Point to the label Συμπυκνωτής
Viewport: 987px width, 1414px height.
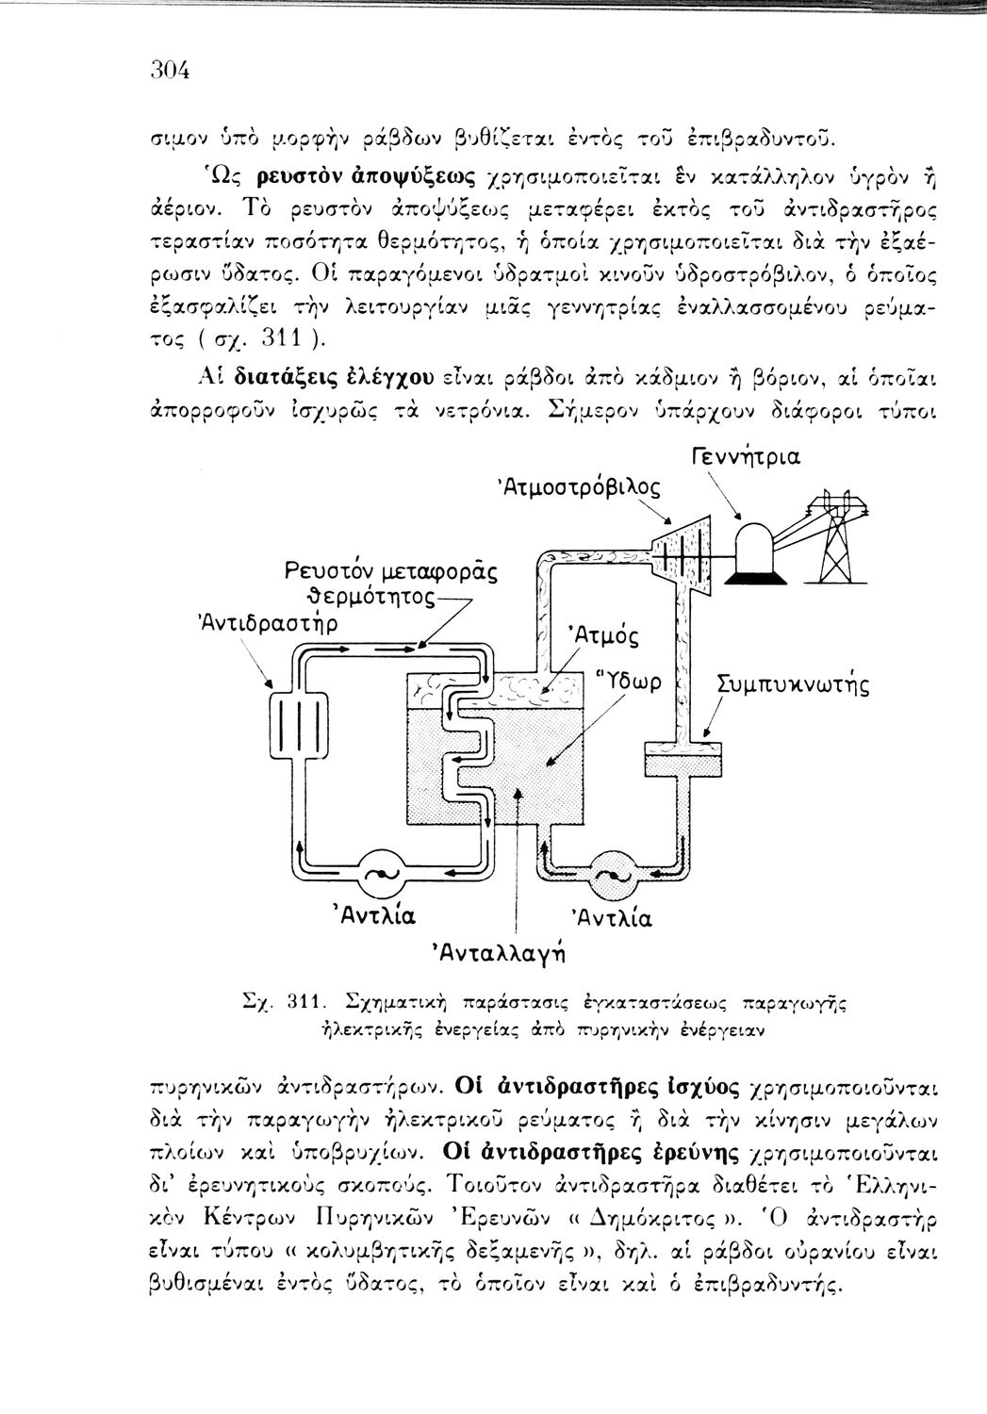(x=794, y=683)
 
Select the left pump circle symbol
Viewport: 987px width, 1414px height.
(x=382, y=876)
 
